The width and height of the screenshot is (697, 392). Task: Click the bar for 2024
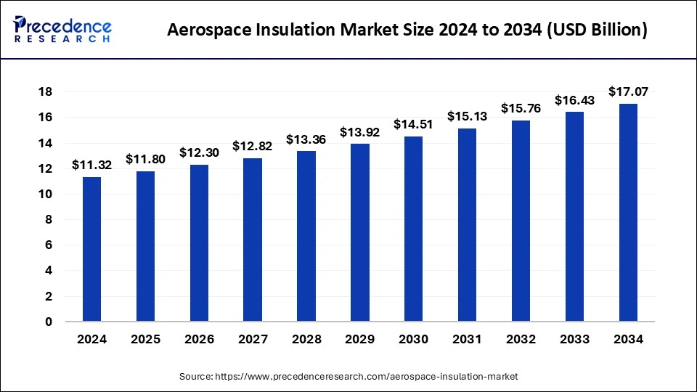coord(91,249)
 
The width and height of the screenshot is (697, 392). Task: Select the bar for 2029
coord(359,232)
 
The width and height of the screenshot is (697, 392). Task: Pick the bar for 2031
coord(467,224)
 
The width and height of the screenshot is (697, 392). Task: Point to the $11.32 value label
coord(91,166)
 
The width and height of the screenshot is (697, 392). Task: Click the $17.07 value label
coord(628,91)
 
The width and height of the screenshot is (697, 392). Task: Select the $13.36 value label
coord(306,139)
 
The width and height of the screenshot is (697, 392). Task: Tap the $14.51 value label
coord(413,124)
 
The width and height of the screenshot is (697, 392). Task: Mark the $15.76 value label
coord(521,108)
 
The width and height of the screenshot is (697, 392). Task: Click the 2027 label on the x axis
coord(252,340)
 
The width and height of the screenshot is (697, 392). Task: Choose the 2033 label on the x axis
coord(574,340)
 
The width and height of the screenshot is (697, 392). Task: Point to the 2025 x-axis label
coord(145,340)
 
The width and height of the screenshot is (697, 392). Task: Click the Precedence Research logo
coord(62,30)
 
